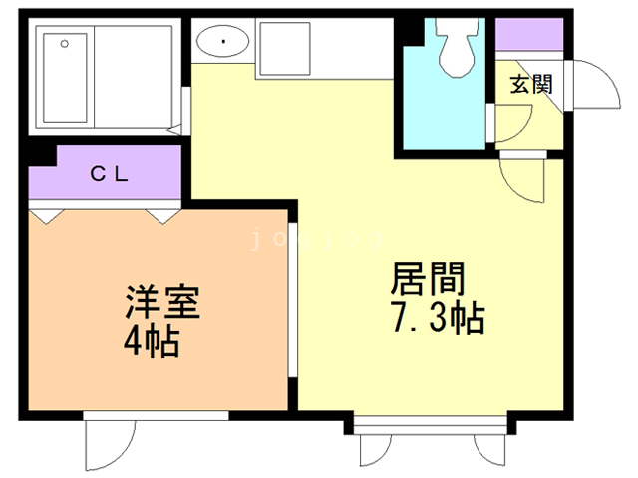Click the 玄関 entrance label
[x=531, y=85]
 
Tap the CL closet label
[x=109, y=174]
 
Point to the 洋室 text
[x=162, y=302]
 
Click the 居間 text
[x=428, y=279]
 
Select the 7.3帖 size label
[x=438, y=317]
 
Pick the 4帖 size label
[x=152, y=341]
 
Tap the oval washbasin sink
[x=222, y=41]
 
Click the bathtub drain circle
[x=64, y=43]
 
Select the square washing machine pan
[x=285, y=49]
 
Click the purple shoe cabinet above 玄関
[x=529, y=34]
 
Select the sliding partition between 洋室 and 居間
[x=292, y=300]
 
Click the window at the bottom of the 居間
[x=430, y=425]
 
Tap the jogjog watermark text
[x=317, y=239]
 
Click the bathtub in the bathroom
[x=65, y=78]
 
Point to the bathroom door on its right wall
[x=186, y=111]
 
